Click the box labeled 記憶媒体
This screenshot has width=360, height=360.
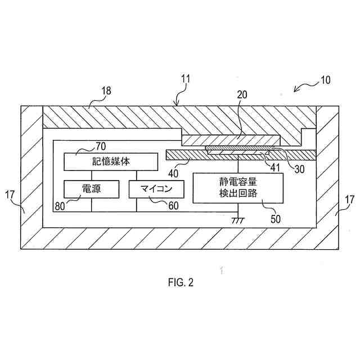click(x=111, y=161)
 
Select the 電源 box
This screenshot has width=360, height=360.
click(x=83, y=189)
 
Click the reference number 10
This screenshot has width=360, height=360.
click(x=326, y=80)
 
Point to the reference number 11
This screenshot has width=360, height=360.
click(x=186, y=80)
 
